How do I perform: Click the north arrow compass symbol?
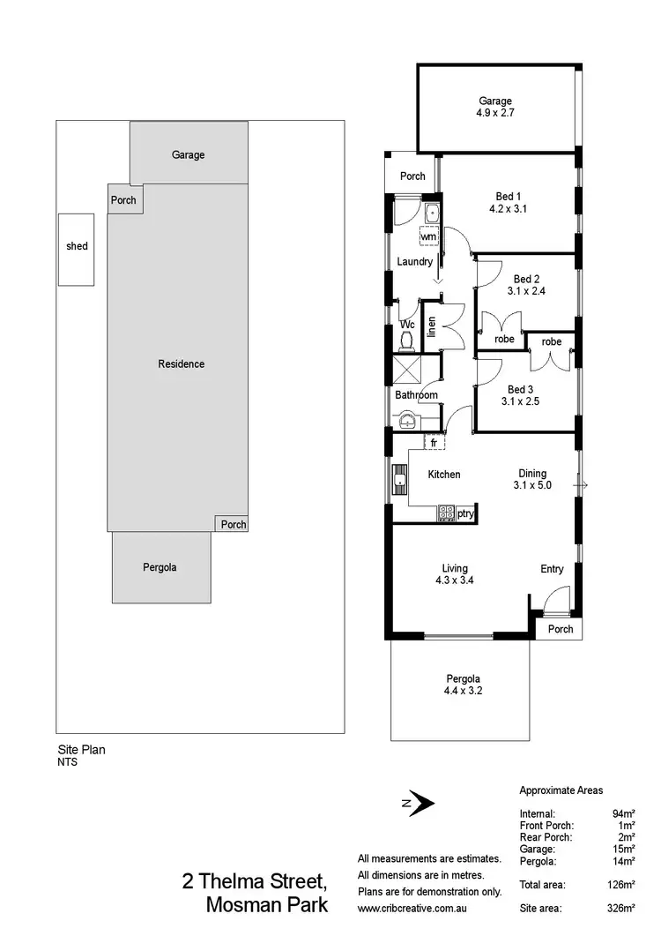click(x=419, y=803)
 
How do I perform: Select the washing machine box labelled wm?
click(x=428, y=236)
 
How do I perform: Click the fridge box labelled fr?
click(x=434, y=441)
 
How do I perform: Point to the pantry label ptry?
click(x=466, y=513)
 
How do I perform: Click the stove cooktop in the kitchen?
click(x=446, y=513)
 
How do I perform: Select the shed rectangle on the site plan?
click(x=77, y=249)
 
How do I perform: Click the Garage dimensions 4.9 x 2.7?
click(x=494, y=114)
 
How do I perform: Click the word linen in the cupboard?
click(x=431, y=326)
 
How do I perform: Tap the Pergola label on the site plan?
click(x=160, y=567)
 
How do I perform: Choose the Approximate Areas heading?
click(x=561, y=791)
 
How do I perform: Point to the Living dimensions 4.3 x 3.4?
click(x=455, y=581)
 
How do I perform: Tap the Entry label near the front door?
click(x=552, y=569)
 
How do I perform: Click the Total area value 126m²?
click(x=622, y=884)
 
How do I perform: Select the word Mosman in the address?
click(x=241, y=904)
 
